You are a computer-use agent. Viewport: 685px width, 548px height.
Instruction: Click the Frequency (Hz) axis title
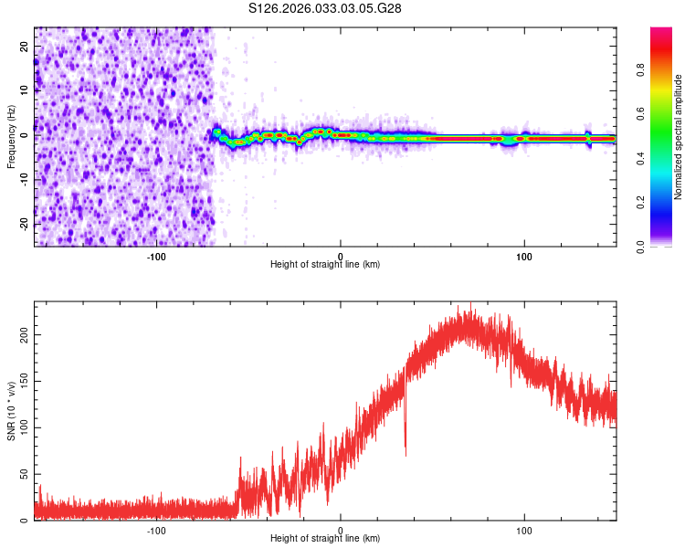coord(11,136)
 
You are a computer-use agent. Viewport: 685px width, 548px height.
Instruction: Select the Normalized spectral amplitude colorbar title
coord(678,136)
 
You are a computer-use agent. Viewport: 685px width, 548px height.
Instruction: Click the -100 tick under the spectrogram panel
coord(156,256)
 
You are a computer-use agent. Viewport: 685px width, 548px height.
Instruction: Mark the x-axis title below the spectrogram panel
coord(325,265)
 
